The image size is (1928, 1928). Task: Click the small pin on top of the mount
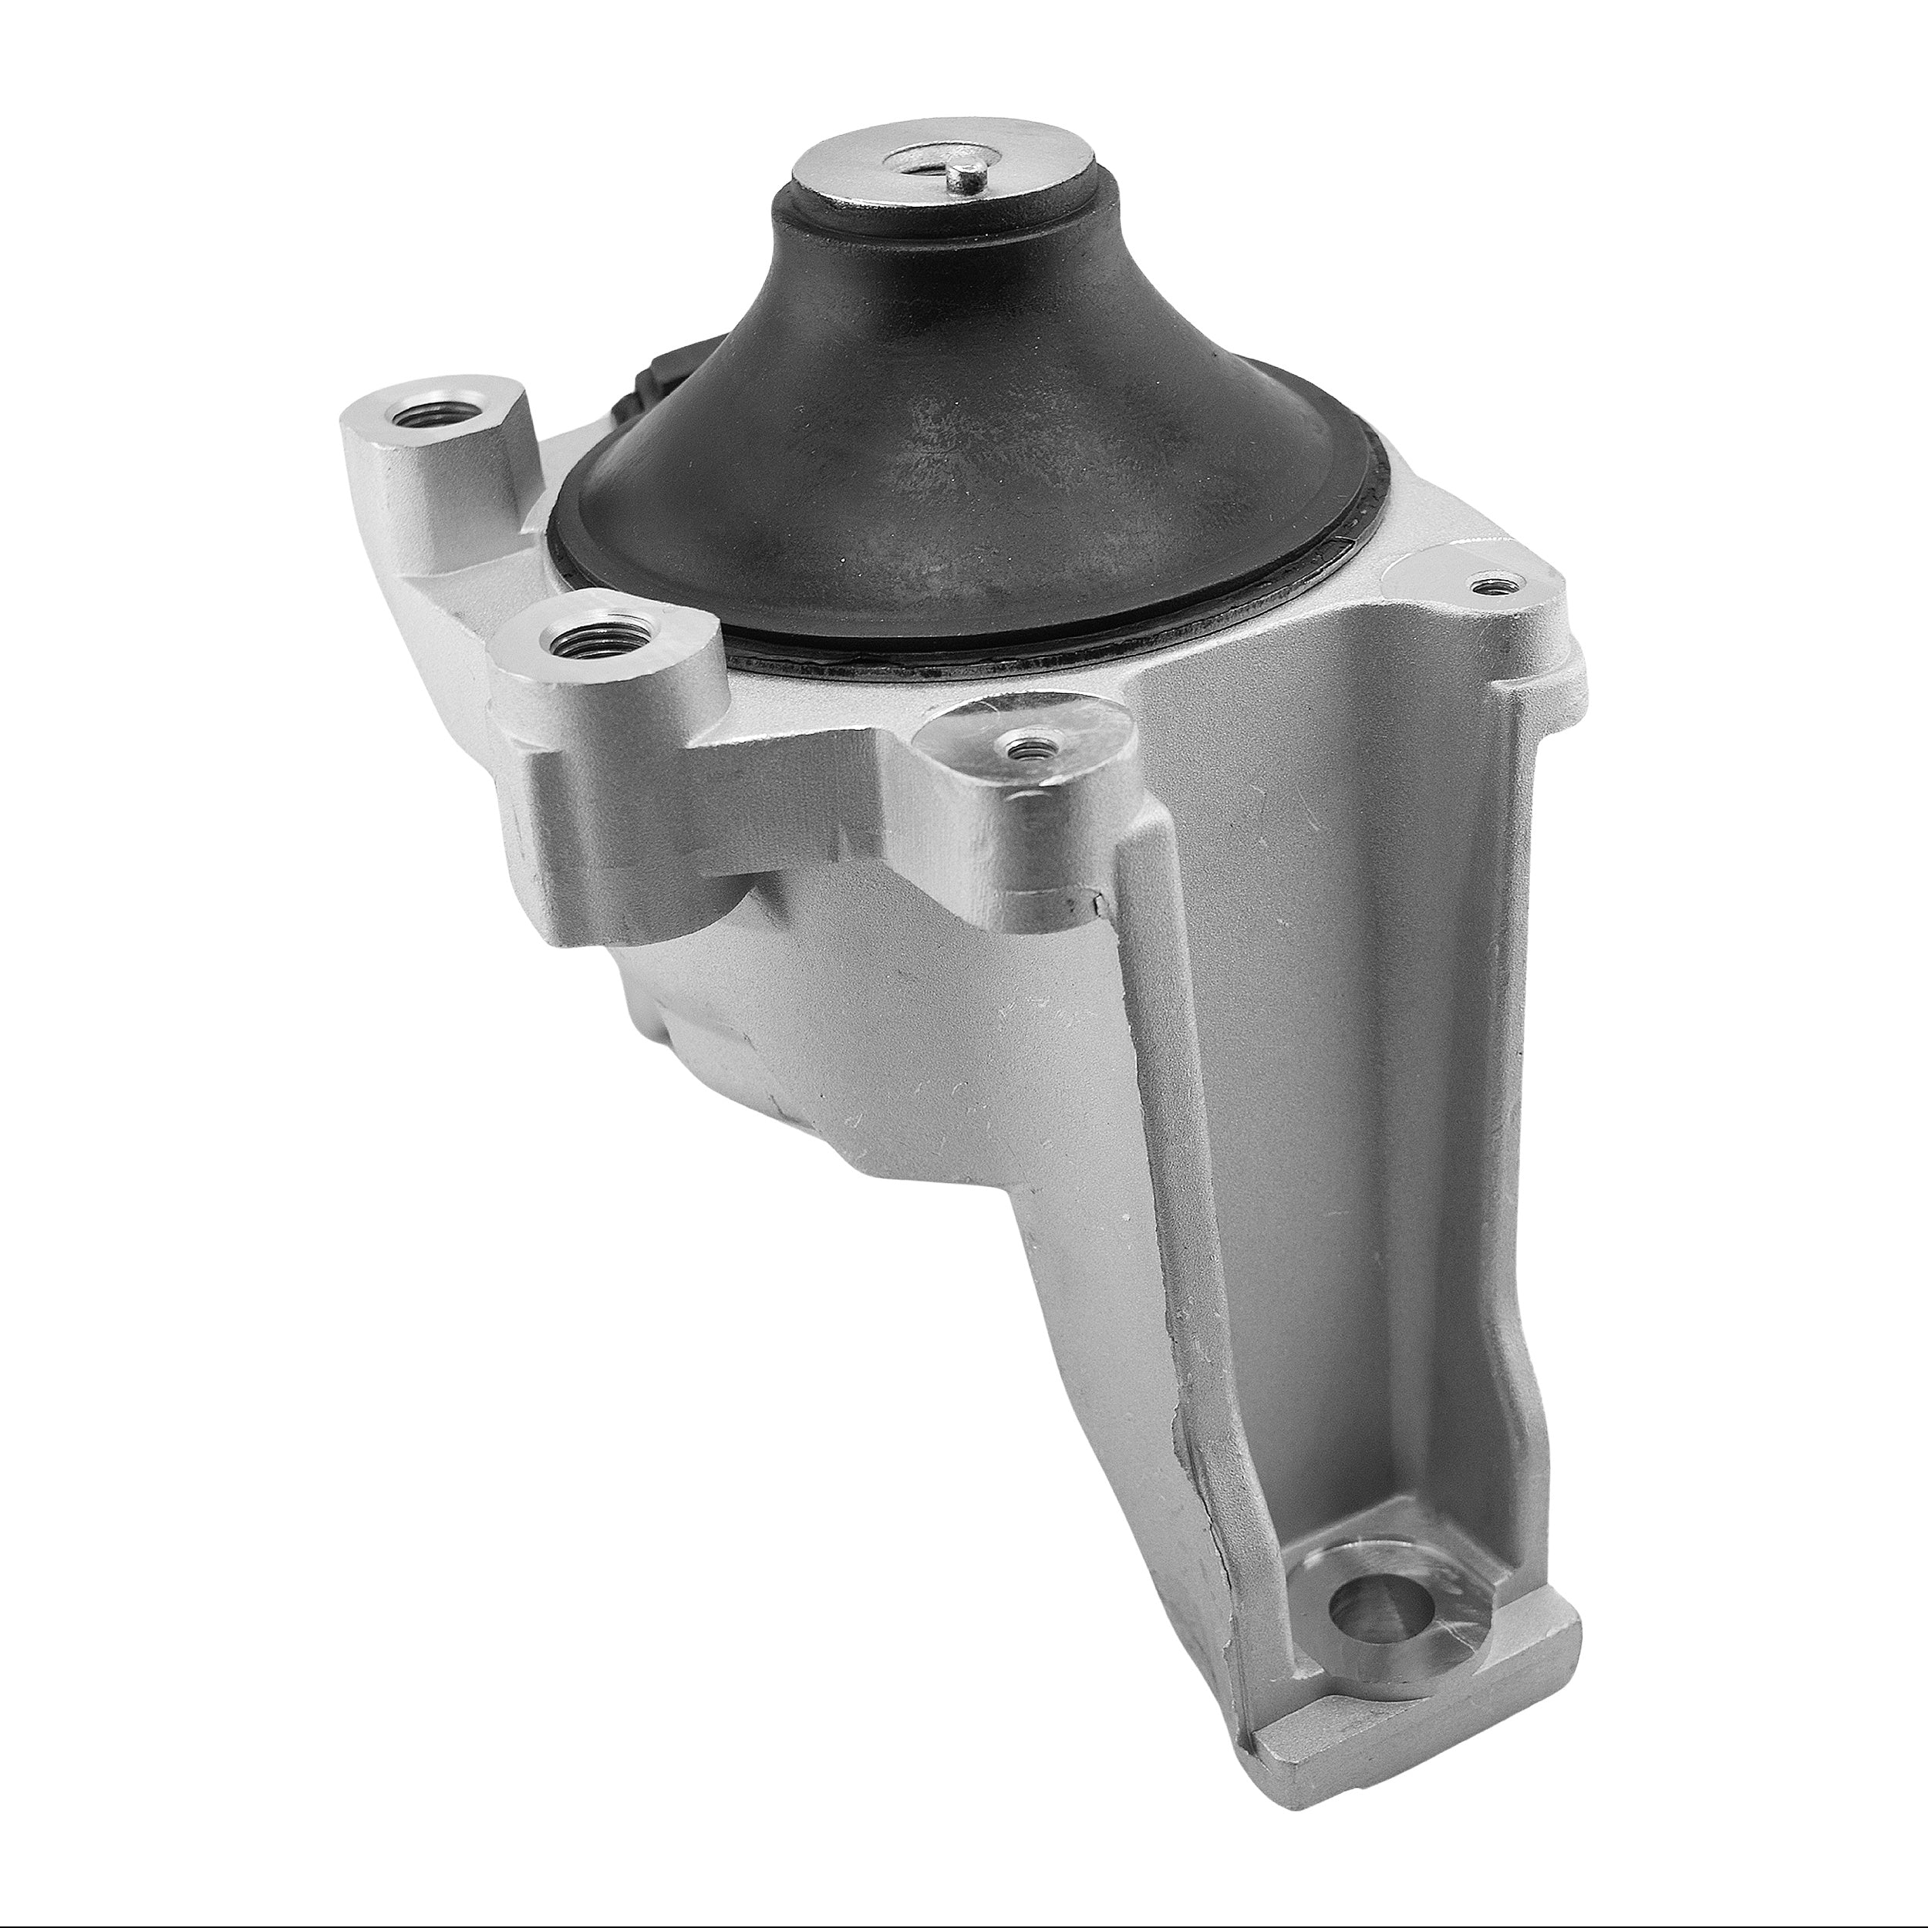[963, 182]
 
